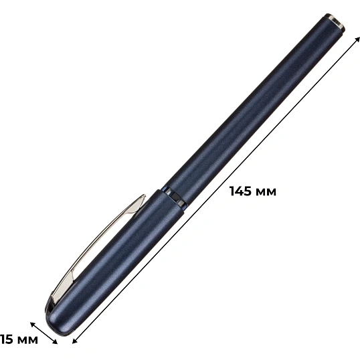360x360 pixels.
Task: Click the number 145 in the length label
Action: coord(241,191)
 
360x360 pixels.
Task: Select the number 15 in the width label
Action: coord(6,339)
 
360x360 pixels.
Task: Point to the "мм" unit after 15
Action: coord(27,341)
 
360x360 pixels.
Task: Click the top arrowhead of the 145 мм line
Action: coord(357,39)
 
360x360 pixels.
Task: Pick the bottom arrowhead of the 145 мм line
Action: coord(75,341)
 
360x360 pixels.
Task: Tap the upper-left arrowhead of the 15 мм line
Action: coord(33,325)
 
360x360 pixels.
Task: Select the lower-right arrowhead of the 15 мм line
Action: coord(55,342)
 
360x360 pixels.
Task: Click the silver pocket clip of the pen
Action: coord(96,249)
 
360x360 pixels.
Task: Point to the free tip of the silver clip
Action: coord(144,196)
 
